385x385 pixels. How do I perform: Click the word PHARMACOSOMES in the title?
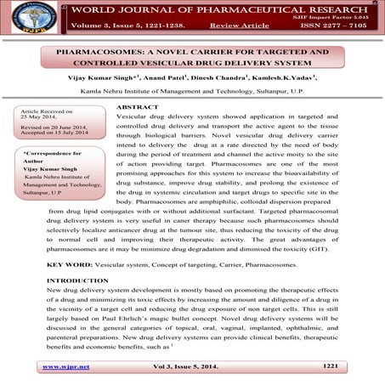[95, 52]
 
